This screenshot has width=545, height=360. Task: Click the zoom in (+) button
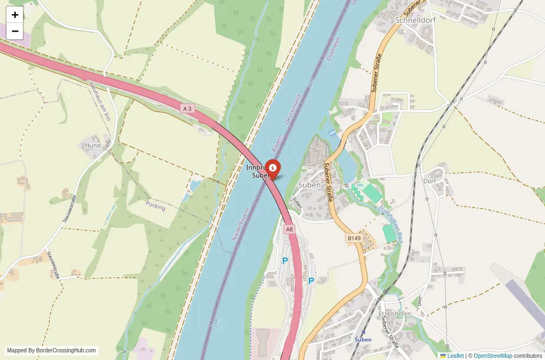(x=15, y=15)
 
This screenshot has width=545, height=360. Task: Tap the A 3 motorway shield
(x=188, y=109)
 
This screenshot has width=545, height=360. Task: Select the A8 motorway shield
(x=289, y=229)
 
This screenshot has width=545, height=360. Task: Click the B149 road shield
(x=354, y=238)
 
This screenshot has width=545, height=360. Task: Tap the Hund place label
(x=93, y=145)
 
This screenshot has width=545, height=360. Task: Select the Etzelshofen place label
(x=395, y=315)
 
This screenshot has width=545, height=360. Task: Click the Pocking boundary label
(x=155, y=205)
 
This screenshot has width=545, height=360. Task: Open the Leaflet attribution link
(x=452, y=356)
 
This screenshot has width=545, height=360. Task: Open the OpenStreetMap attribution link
(x=493, y=356)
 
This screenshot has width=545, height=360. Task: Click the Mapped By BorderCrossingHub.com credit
(x=52, y=351)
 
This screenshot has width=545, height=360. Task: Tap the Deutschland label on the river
(x=293, y=109)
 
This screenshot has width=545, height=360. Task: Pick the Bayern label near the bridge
(x=278, y=144)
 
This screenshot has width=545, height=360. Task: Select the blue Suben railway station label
(x=363, y=339)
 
